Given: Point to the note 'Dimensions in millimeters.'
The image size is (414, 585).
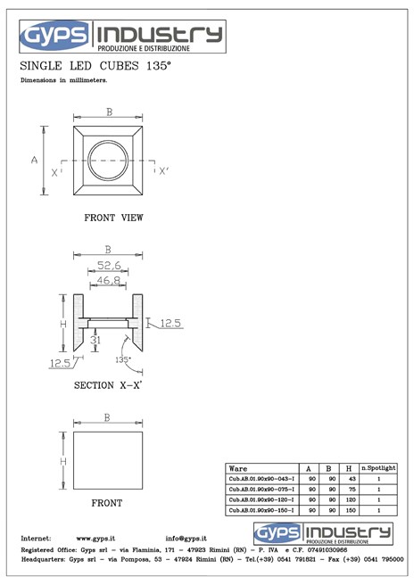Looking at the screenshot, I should (63, 81).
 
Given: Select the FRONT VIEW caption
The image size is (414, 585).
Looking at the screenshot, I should (113, 217).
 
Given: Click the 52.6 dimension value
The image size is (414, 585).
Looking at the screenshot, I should (108, 264).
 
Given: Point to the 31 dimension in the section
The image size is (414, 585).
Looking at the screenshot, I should (95, 339).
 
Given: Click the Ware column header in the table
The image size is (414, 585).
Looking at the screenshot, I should (239, 468).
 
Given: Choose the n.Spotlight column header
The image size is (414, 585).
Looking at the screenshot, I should (378, 468).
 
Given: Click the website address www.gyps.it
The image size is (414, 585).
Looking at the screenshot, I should (95, 539).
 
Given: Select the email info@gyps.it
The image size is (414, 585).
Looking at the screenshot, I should (186, 539).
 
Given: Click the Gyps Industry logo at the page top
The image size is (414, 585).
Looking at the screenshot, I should (122, 36).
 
